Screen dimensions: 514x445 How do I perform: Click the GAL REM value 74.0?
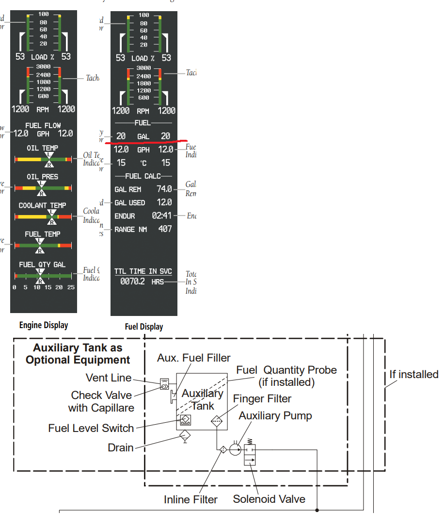point(164,189)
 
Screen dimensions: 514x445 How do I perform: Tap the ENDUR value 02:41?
point(162,216)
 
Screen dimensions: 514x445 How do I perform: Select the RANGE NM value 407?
point(165,229)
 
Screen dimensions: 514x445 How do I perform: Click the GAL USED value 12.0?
point(164,202)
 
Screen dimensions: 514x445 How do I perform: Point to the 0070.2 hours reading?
point(132,281)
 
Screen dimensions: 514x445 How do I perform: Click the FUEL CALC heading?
point(143,176)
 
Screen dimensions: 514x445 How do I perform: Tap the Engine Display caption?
point(44,325)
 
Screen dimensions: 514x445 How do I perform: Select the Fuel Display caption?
point(144,327)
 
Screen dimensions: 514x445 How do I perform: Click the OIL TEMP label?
point(43,148)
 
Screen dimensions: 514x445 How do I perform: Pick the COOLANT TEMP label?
point(43,205)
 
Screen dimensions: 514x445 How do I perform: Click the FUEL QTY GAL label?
point(43,265)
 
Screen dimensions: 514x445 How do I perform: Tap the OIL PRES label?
point(43,177)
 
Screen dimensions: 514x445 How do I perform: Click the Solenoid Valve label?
point(269,499)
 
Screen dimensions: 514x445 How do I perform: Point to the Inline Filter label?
point(191,499)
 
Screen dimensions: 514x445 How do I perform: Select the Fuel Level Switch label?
point(91,428)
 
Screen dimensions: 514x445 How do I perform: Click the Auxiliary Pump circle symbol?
point(235,449)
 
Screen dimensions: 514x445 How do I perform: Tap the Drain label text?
point(121,447)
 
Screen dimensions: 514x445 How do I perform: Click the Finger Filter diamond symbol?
point(216,421)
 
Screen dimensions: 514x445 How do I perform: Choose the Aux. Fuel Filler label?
point(194,358)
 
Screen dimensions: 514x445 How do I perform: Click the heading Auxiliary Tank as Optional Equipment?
point(78,354)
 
